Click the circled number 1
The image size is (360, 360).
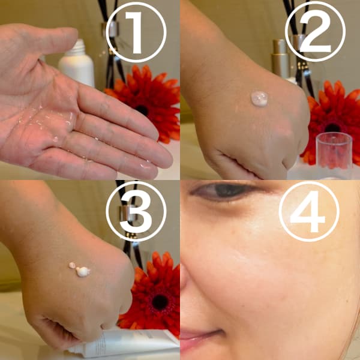pyautogui.click(x=136, y=32)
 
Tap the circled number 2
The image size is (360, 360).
pyautogui.click(x=315, y=31)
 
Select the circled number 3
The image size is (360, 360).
pyautogui.click(x=136, y=211)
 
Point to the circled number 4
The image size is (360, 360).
pyautogui.click(x=309, y=211)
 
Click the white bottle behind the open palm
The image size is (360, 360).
pyautogui.click(x=77, y=64)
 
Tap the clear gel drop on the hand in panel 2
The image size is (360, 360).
pyautogui.click(x=259, y=99)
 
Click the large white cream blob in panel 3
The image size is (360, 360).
pyautogui.click(x=83, y=272)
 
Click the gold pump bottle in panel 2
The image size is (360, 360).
pyautogui.click(x=281, y=59)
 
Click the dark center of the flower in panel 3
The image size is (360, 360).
pyautogui.click(x=160, y=302)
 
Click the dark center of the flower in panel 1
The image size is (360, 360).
pyautogui.click(x=142, y=110)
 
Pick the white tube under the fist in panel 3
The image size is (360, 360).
pyautogui.click(x=124, y=343)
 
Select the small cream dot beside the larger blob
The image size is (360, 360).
pyautogui.click(x=72, y=265)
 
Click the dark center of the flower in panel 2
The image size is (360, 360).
pyautogui.click(x=332, y=128)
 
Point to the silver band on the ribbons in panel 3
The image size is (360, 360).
pyautogui.click(x=126, y=214)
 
